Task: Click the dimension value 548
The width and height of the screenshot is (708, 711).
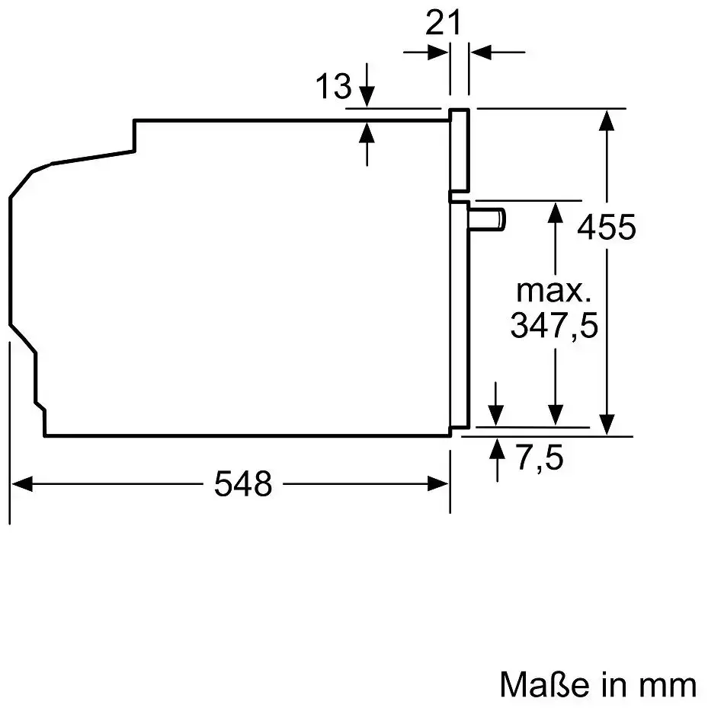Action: click(243, 484)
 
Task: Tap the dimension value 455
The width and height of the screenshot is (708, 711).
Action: click(607, 227)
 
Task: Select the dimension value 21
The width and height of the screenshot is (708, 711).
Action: click(443, 23)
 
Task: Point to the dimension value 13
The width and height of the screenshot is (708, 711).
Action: click(334, 86)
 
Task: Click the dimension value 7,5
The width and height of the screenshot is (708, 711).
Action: click(539, 458)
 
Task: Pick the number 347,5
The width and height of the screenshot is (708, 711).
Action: click(554, 326)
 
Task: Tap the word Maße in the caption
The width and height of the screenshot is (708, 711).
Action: click(544, 684)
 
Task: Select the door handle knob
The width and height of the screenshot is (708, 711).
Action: click(488, 219)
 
